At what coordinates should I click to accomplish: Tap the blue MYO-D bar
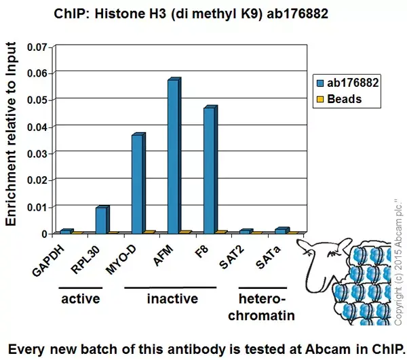coord(137,184)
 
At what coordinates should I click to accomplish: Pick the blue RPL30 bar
coord(100,220)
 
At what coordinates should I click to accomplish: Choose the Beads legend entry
coord(340,99)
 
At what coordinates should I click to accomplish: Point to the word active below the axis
coord(81,299)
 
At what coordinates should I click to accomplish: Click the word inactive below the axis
coord(172,299)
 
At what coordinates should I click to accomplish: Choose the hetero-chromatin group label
coord(263,306)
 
